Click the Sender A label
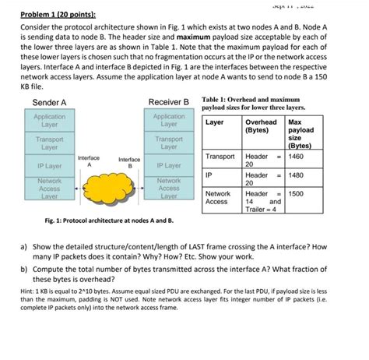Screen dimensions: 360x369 (x=49, y=103)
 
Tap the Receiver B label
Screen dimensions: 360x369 (x=169, y=103)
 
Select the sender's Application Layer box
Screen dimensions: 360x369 (x=49, y=121)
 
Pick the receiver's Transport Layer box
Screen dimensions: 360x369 (x=169, y=143)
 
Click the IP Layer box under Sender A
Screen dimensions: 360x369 (x=49, y=166)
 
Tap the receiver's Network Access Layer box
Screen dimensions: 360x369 (x=169, y=188)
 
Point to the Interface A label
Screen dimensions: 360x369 (x=89, y=161)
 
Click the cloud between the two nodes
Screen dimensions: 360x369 (x=109, y=187)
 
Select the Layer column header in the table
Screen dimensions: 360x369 (x=215, y=123)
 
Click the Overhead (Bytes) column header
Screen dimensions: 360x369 (x=259, y=126)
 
